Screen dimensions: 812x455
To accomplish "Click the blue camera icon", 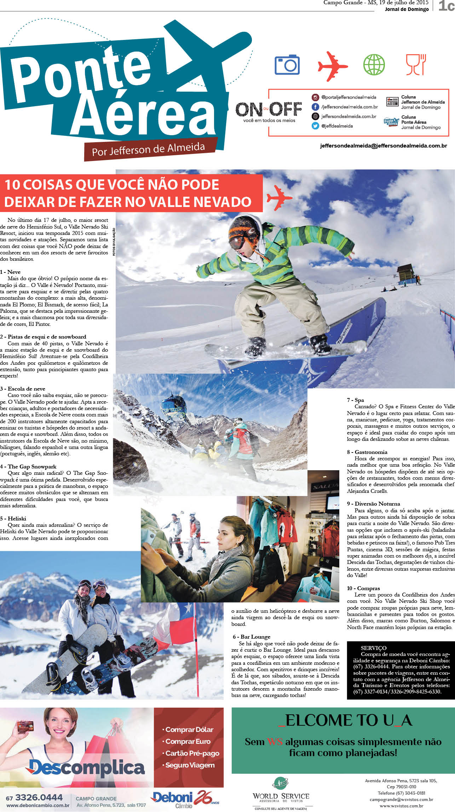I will (x=287, y=64).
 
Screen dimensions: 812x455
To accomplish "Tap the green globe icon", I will (x=374, y=64).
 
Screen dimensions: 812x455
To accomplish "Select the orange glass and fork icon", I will (x=416, y=64).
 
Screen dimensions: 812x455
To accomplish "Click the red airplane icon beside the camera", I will (x=332, y=66).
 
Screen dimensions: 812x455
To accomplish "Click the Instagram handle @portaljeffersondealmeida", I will (x=349, y=97).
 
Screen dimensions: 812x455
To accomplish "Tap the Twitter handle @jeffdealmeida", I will (x=336, y=126).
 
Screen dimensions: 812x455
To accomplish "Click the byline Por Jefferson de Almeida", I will (x=148, y=149).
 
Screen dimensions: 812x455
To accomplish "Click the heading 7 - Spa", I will (x=355, y=400).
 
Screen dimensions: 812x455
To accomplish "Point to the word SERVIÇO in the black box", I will (x=374, y=647).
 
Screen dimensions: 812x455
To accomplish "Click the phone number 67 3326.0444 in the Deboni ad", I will (x=34, y=797).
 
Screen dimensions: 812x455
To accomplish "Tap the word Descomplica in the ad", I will (x=87, y=768).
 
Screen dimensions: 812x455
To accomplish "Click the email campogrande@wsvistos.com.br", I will (x=401, y=799).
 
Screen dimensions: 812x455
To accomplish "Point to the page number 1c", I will (x=446, y=6).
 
